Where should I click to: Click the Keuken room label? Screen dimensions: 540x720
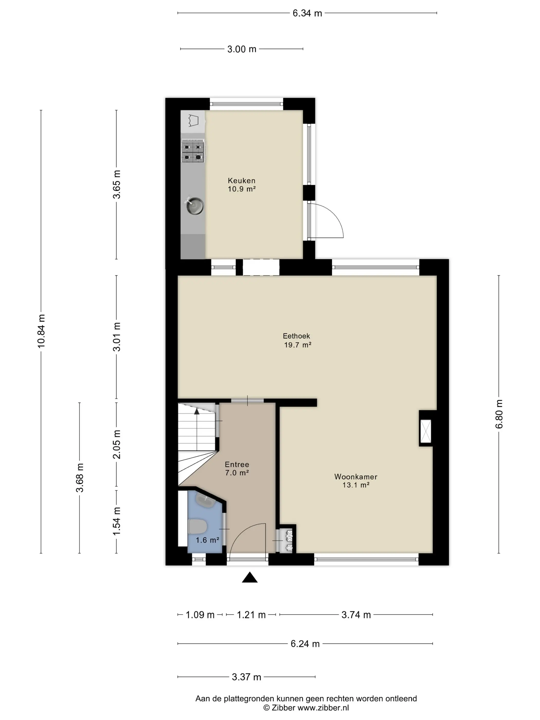point(241,180)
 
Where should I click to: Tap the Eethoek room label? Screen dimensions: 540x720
point(296,336)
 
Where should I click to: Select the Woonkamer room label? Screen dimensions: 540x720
point(356,476)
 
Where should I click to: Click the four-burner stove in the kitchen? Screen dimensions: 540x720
point(193,152)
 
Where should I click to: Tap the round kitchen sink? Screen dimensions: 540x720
point(195,205)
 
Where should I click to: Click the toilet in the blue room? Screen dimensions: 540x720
point(197,527)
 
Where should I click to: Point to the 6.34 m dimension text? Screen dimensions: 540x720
point(307,13)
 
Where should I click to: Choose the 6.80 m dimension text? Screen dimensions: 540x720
point(499,414)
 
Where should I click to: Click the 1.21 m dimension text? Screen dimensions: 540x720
point(251,615)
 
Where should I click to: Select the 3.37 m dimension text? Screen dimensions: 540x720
point(246,677)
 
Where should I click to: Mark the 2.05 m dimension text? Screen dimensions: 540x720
point(116,444)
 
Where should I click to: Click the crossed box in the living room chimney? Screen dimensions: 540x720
point(426,431)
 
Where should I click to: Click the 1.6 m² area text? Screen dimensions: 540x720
point(207,540)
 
